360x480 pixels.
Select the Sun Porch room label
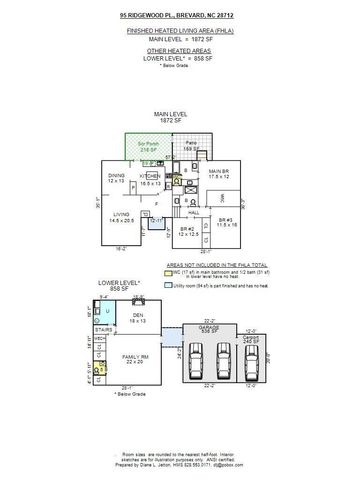tap(147, 148)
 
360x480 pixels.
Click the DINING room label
tap(116, 178)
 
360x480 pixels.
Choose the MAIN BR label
tap(219, 173)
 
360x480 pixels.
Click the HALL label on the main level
tap(194, 212)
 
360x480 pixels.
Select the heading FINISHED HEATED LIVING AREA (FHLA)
tap(179, 32)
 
